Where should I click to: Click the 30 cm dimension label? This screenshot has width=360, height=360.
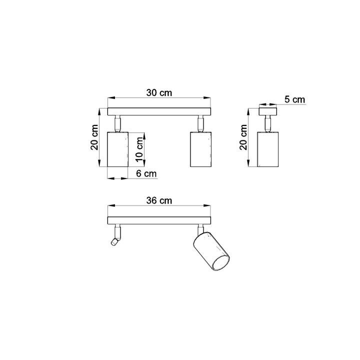click(159, 93)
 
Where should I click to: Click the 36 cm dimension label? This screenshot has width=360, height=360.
click(159, 200)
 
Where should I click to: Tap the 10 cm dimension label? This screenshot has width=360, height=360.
click(139, 149)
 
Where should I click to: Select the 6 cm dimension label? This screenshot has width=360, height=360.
click(146, 173)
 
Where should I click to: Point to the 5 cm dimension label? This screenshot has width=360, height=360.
click(295, 99)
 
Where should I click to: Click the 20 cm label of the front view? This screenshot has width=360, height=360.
click(94, 137)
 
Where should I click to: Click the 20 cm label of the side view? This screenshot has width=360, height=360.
click(243, 137)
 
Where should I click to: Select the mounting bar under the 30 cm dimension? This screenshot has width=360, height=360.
click(159, 111)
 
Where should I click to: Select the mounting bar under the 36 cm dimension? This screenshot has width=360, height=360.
click(159, 220)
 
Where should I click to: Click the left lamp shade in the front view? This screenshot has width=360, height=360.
click(118, 149)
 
